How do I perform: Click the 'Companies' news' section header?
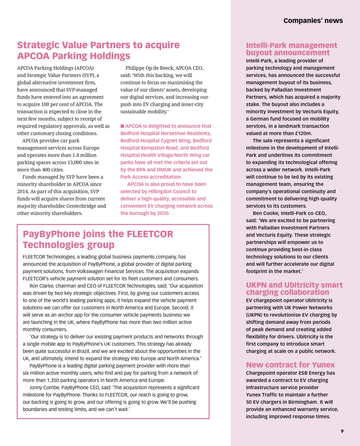click(x=313, y=20)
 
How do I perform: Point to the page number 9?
click(x=342, y=432)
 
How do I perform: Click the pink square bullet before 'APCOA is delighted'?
click(x=122, y=126)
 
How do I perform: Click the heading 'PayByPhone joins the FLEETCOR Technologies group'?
click(x=98, y=239)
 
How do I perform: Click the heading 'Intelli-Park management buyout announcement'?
click(x=291, y=49)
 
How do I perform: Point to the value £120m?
click(x=304, y=133)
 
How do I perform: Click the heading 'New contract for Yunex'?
click(x=290, y=365)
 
